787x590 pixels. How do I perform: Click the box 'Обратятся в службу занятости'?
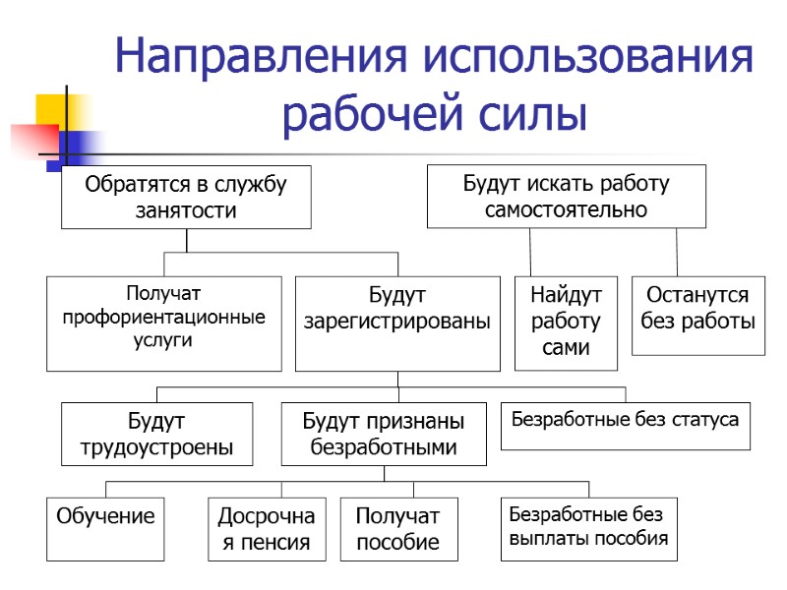[x=186, y=197]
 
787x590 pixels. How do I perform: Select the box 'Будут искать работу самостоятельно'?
[x=566, y=197]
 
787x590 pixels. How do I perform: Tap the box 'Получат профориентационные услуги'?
[x=164, y=323]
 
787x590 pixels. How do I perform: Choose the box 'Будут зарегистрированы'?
[x=397, y=323]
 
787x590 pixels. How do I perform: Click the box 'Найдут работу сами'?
[x=566, y=323]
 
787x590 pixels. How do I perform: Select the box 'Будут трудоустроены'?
[x=156, y=434]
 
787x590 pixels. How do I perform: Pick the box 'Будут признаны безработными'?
[x=384, y=434]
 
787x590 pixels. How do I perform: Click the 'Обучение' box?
[x=105, y=529]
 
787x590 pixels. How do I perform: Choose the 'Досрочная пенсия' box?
[x=267, y=529]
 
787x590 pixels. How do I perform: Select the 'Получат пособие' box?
[x=397, y=529]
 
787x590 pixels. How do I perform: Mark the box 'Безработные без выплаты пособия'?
[x=588, y=529]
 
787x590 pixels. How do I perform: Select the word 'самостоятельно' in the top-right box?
[x=566, y=209]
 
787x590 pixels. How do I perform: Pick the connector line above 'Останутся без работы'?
[x=677, y=252]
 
